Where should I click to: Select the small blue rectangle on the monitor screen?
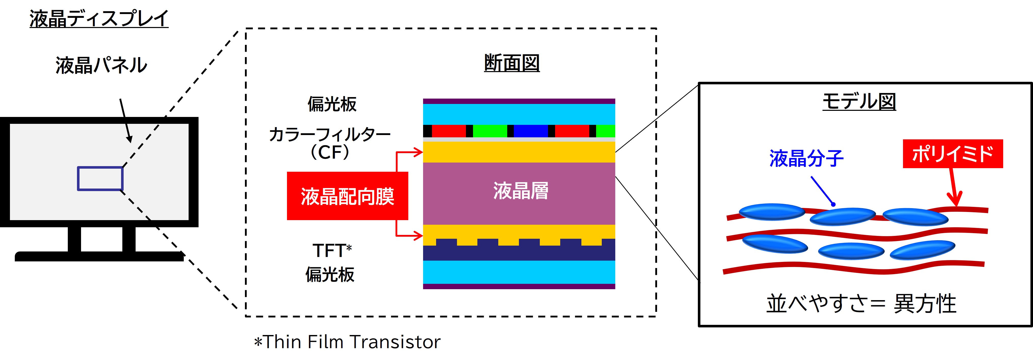(x=100, y=178)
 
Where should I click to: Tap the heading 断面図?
(x=512, y=63)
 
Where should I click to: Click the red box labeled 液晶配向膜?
(x=347, y=196)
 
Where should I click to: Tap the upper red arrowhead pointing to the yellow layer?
(x=419, y=152)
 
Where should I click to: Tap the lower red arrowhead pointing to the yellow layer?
(x=419, y=236)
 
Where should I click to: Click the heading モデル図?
(x=859, y=101)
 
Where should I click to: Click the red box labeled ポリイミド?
(x=952, y=154)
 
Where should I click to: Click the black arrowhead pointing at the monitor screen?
(x=129, y=138)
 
